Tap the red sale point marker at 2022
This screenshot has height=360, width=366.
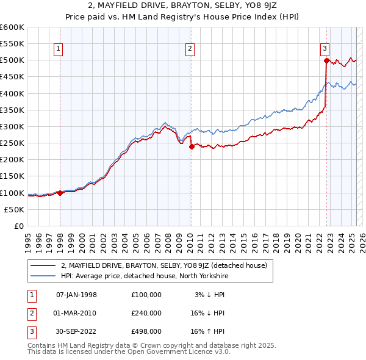coord(327,60)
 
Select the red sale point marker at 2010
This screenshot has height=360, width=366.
coord(192,146)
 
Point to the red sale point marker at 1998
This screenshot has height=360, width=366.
coord(60,193)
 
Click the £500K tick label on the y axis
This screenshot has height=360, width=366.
coord(12,60)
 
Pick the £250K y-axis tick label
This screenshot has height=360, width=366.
coord(12,143)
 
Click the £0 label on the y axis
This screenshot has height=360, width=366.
coord(18,226)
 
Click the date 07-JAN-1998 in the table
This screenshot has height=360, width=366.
coord(76,295)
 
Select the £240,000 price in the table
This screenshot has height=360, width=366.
coord(146,313)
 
